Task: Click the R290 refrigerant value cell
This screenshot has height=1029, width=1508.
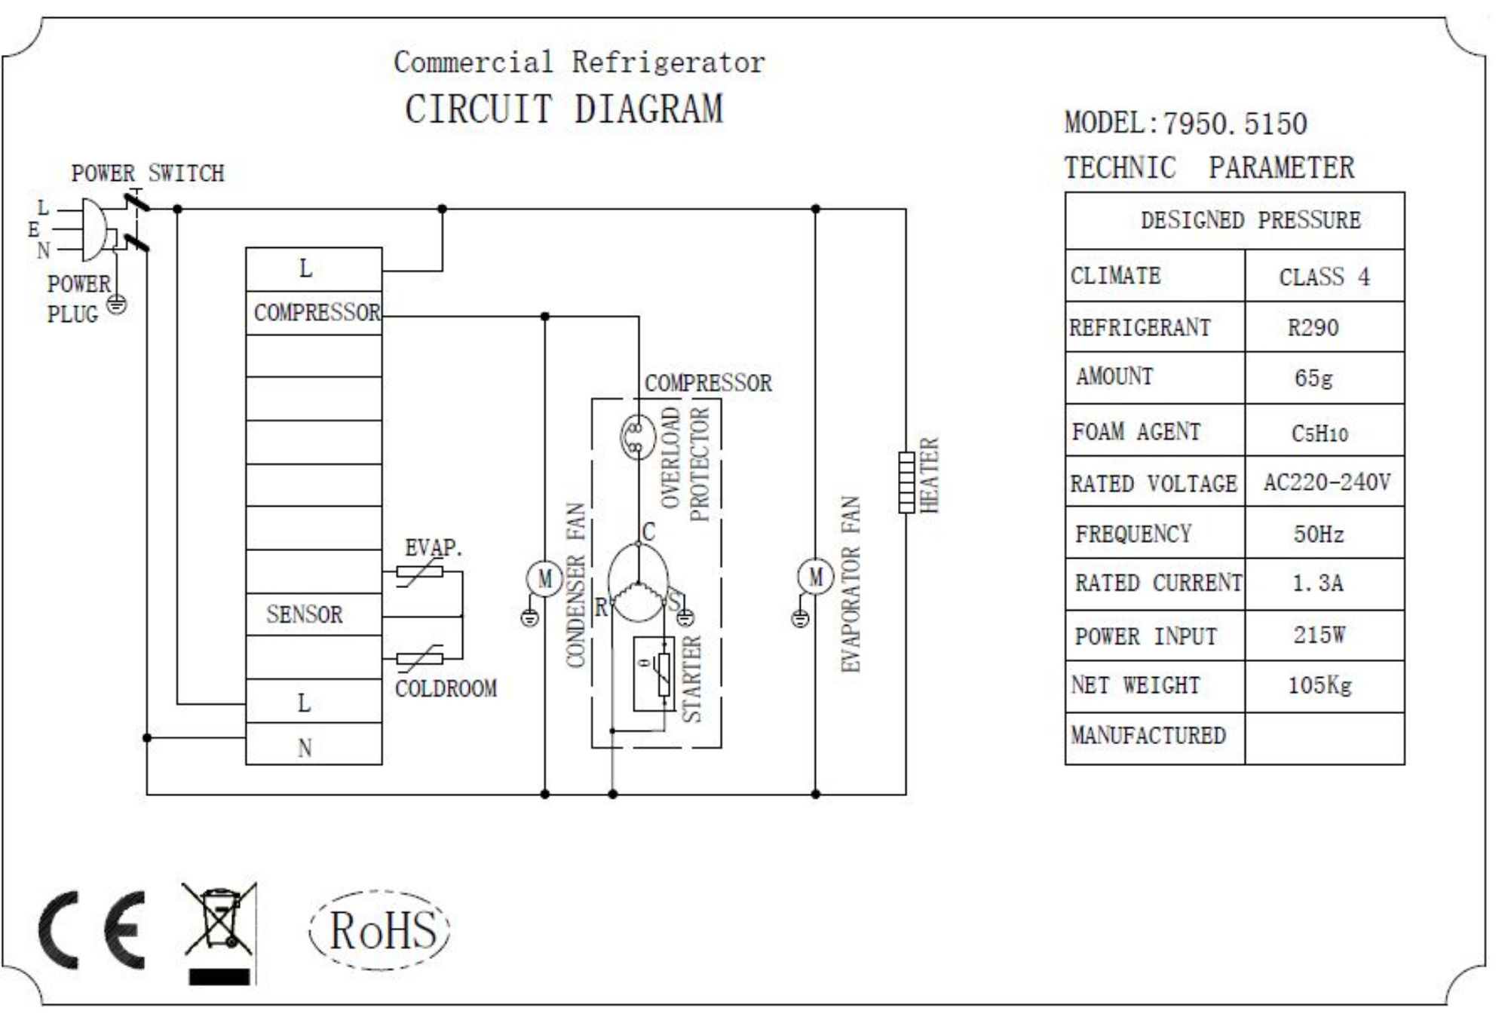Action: tap(1313, 328)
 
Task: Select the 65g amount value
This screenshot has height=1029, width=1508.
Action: tap(1313, 378)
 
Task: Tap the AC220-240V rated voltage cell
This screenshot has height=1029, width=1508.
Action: tap(1326, 482)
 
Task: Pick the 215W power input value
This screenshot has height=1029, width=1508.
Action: tap(1319, 635)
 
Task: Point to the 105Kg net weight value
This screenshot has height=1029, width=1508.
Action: tap(1319, 686)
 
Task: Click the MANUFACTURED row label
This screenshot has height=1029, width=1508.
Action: tap(1148, 736)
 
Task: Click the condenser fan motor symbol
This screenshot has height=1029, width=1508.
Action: tap(544, 579)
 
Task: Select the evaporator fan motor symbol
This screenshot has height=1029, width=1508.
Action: tap(815, 577)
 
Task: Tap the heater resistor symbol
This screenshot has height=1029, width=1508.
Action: tap(906, 482)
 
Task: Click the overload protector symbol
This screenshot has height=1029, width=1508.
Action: tap(637, 437)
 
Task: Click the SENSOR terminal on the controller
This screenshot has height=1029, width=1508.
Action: tap(305, 615)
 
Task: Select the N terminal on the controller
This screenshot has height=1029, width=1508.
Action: tap(305, 748)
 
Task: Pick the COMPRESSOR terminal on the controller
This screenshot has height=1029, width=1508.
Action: tap(316, 313)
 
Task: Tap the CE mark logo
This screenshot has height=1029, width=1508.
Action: tap(92, 929)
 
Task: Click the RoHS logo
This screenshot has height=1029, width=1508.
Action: tap(381, 929)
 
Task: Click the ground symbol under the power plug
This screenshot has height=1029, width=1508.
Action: tap(116, 305)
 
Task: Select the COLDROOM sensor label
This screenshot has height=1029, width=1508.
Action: tap(446, 689)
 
